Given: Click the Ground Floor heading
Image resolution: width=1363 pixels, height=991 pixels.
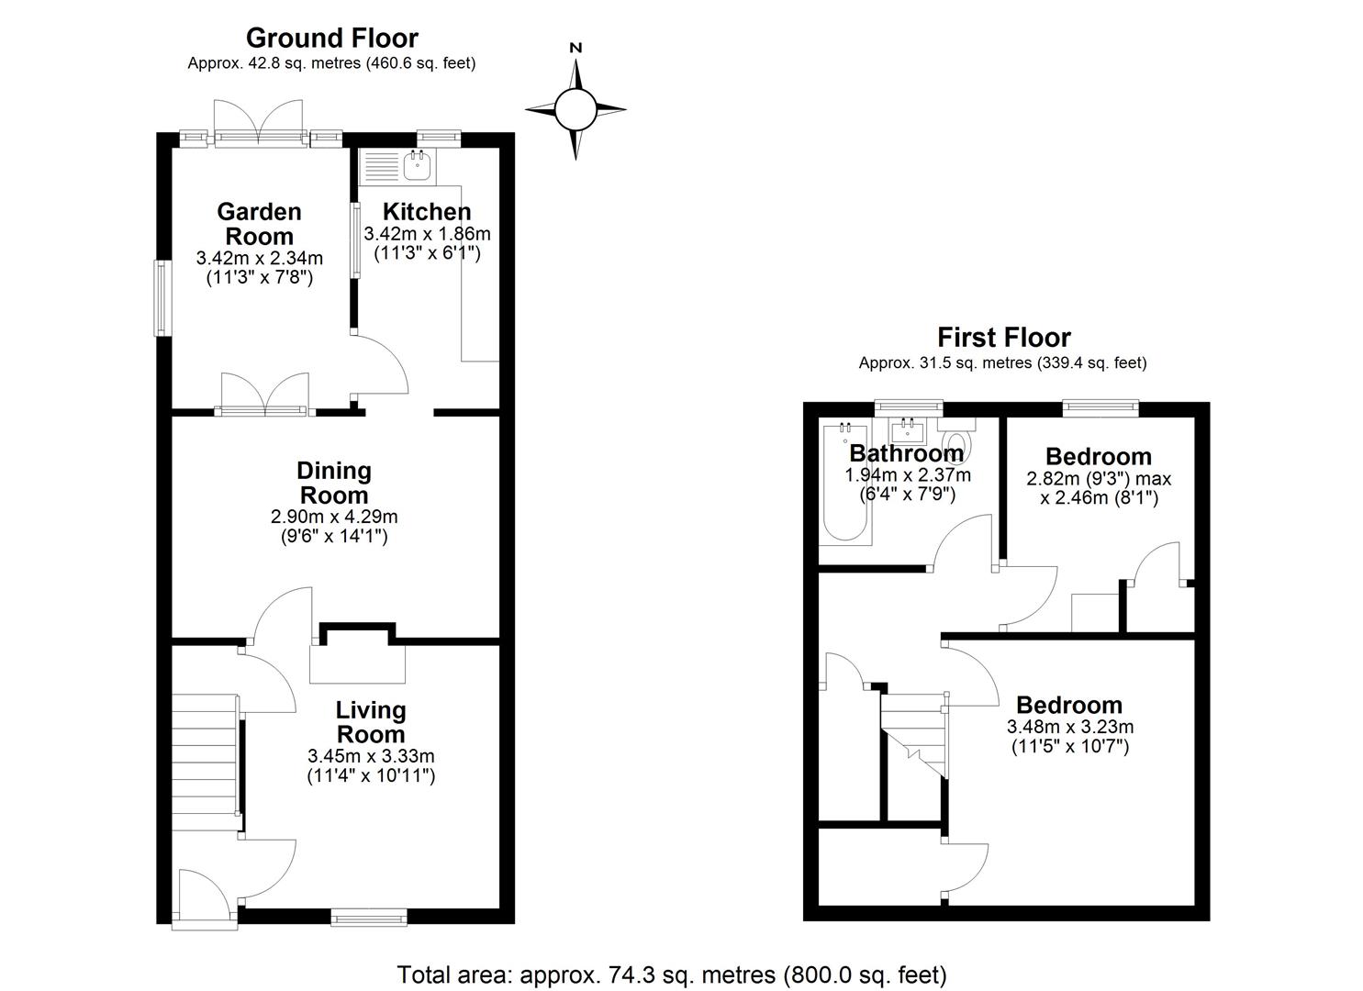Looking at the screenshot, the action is coord(331,39).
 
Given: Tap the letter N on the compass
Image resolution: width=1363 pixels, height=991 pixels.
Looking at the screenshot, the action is coord(575,48).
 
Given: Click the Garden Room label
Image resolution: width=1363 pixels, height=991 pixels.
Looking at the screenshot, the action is coord(259,224).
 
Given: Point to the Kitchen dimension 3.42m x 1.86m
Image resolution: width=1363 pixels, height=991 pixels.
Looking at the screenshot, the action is coord(427,234).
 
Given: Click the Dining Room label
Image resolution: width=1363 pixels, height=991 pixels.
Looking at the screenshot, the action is coord(334,483).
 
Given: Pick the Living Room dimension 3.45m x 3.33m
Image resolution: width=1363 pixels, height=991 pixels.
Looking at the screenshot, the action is coord(371,756).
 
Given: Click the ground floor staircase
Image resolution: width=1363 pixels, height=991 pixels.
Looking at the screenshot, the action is coord(205,763).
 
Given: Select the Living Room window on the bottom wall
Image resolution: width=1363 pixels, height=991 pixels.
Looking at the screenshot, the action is coord(369,918).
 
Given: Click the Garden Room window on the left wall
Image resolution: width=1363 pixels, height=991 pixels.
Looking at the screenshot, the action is coord(162,298).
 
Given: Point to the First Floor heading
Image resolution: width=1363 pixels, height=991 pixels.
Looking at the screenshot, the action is coord(1003,337).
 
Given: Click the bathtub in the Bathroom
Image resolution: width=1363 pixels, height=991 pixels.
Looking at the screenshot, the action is coord(845,482).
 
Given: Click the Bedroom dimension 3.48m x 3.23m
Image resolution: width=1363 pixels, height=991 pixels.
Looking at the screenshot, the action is coord(1070,727).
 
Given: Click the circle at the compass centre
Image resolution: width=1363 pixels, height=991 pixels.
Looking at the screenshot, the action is coord(575,109).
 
